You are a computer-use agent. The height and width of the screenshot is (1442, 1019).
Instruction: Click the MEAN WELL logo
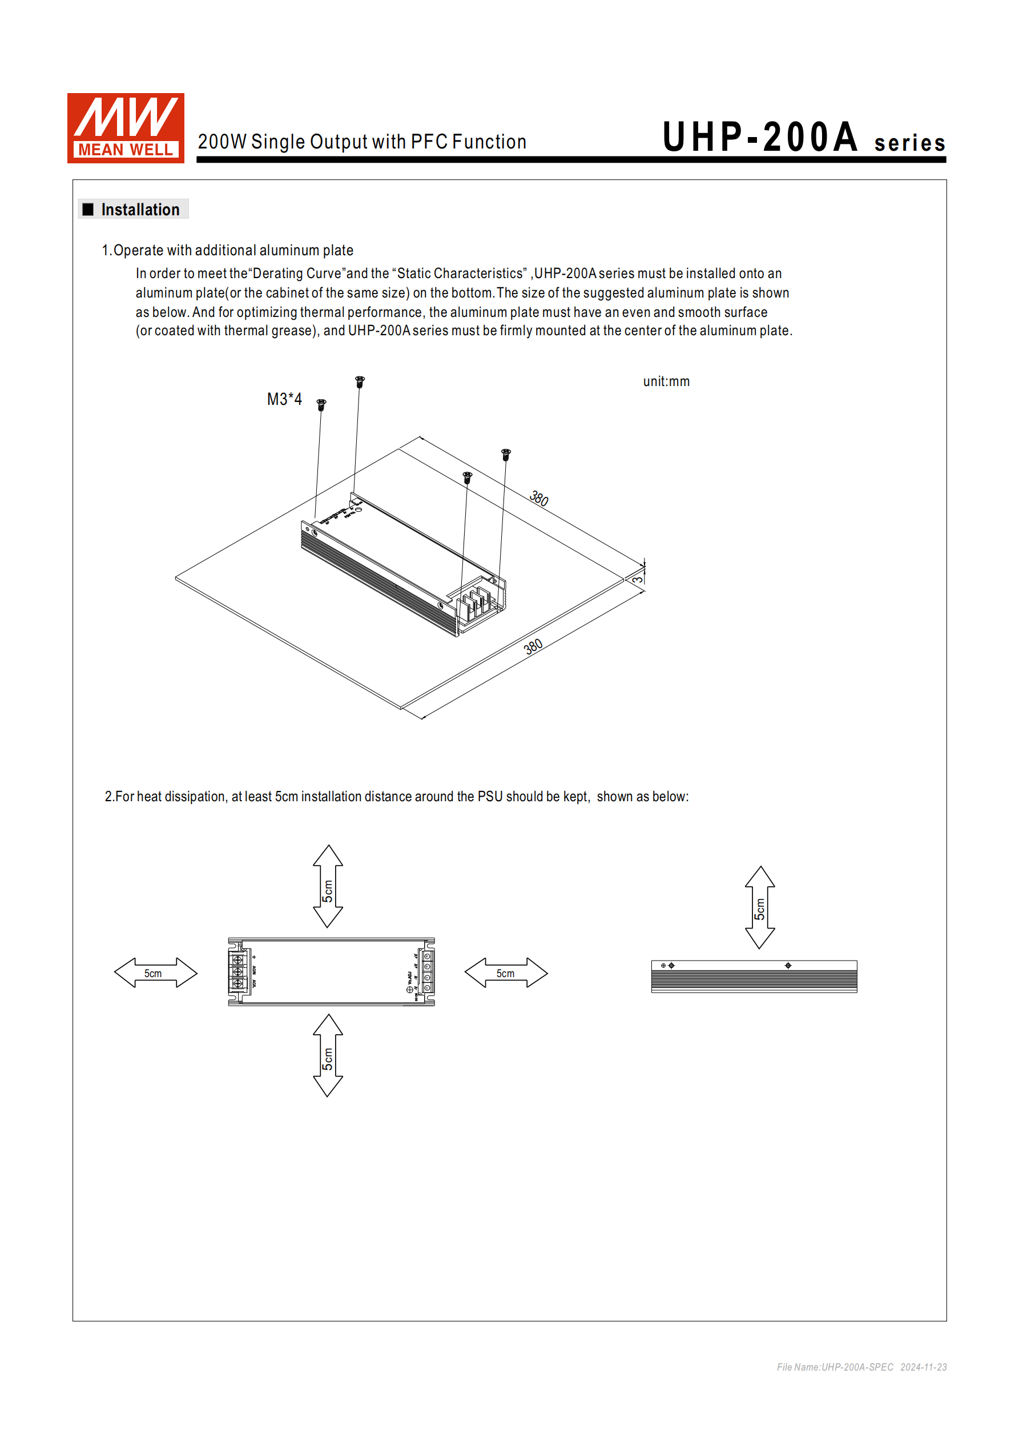point(126,128)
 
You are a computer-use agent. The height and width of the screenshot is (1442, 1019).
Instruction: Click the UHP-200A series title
point(804,138)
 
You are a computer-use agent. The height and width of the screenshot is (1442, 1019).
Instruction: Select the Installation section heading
point(140,210)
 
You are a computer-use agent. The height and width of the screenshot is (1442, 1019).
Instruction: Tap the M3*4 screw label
point(284,399)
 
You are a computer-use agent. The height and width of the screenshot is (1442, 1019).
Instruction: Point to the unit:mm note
point(666,382)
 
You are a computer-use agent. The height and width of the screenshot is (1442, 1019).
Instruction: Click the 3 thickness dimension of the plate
point(637,579)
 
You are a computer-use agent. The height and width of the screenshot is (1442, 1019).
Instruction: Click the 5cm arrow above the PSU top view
point(328,886)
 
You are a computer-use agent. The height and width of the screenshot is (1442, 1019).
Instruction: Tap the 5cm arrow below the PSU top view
point(328,1056)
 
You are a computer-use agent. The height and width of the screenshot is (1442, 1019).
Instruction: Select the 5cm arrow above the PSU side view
point(760,907)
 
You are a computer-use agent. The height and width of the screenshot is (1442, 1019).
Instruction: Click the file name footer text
point(835,1367)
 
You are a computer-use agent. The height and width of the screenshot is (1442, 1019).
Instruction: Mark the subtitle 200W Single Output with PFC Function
point(361,142)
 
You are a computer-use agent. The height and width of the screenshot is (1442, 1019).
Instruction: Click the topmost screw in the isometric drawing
point(360,381)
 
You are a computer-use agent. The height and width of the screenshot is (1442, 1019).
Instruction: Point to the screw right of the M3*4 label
point(321,404)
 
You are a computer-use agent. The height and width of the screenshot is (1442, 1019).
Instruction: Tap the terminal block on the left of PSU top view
point(237,971)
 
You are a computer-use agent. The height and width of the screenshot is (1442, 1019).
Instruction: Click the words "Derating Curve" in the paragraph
point(300,274)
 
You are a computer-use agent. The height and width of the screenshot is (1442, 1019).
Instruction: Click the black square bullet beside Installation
point(88,209)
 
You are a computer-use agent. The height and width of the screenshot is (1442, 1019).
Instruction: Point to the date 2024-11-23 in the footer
point(923,1367)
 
